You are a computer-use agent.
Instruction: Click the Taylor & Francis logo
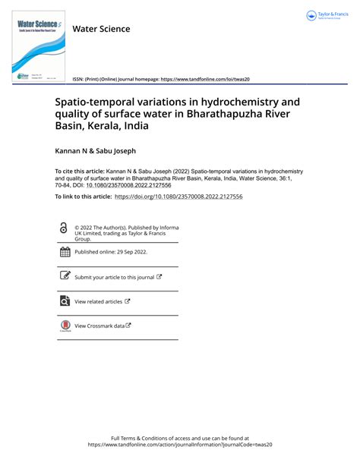[328, 16]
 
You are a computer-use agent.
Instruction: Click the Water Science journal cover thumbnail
[37, 49]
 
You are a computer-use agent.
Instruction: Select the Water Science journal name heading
[101, 29]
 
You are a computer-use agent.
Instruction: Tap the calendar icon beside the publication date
[64, 252]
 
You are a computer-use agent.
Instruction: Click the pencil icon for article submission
[64, 277]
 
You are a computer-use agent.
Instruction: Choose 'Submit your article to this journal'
[114, 278]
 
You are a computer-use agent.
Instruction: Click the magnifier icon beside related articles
[64, 301]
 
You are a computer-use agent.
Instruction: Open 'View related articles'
[98, 302]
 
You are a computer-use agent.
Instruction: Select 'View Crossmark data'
[99, 326]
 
